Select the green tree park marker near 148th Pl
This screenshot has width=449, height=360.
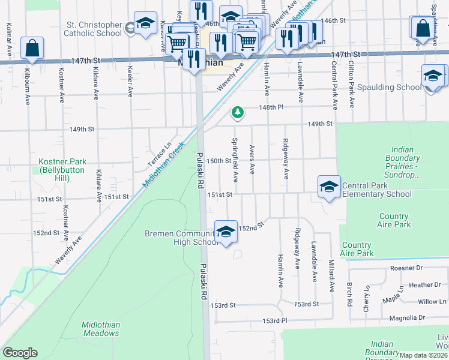[238, 112]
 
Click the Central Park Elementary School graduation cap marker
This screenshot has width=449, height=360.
[329, 187]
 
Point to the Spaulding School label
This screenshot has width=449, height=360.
[389, 88]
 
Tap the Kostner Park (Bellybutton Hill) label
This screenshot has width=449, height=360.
[62, 166]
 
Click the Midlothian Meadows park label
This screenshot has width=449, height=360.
[101, 329]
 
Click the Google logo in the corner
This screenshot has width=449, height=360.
[19, 353]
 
